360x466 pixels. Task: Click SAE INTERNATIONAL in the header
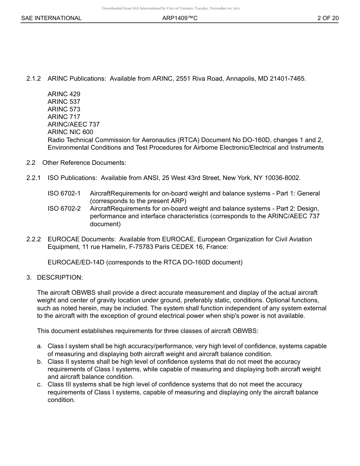(x=51, y=18)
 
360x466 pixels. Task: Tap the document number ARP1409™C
(x=180, y=18)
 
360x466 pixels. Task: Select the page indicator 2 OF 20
(x=328, y=18)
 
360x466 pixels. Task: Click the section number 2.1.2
(x=34, y=79)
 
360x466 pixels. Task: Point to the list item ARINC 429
(x=64, y=94)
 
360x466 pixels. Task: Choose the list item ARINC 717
(x=64, y=117)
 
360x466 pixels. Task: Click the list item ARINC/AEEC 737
(x=74, y=124)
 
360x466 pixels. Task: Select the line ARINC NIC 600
(x=70, y=132)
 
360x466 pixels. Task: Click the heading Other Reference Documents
(x=84, y=163)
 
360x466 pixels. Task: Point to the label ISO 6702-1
(x=64, y=193)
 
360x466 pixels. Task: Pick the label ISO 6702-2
(x=64, y=208)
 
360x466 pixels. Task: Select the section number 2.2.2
(x=34, y=239)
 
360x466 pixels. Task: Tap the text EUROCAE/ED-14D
(x=76, y=262)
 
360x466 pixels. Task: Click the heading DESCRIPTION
(x=59, y=277)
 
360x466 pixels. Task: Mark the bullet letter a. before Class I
(x=39, y=346)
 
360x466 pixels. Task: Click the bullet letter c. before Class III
(x=39, y=384)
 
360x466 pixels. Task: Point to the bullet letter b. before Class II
(x=39, y=361)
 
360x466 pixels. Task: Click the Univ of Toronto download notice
(x=171, y=8)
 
